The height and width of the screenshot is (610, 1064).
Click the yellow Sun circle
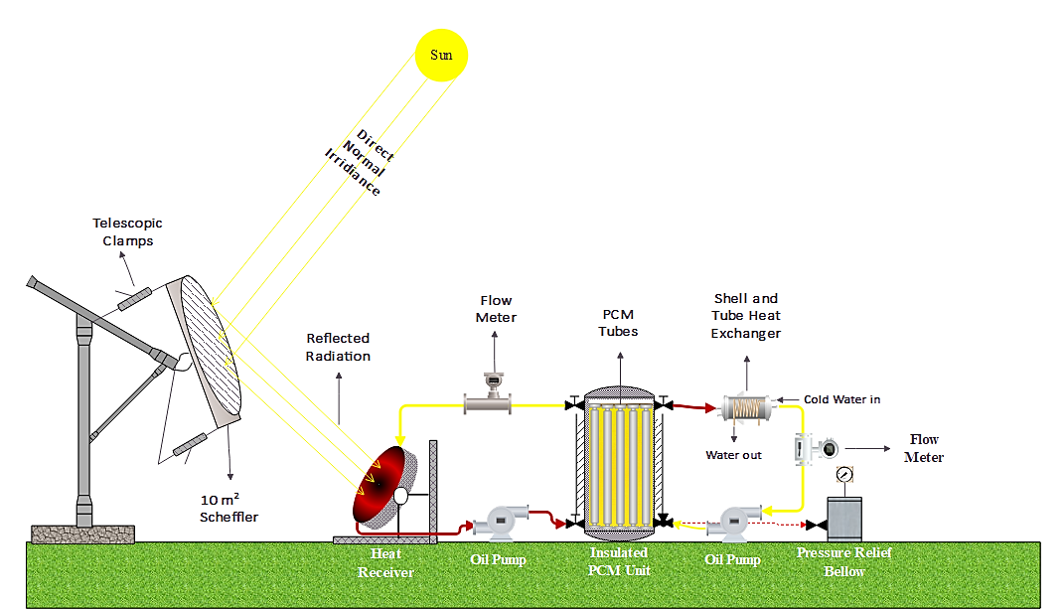(x=441, y=55)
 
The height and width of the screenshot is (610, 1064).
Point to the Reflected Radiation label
(x=338, y=348)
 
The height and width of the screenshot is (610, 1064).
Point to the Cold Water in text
(x=841, y=399)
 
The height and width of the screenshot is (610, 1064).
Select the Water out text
(x=733, y=455)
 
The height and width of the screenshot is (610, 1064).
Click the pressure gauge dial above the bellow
(x=844, y=475)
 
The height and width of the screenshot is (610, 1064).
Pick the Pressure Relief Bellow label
(x=844, y=562)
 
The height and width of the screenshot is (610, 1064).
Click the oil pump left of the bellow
(x=736, y=519)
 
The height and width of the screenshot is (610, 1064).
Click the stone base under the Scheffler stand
(x=82, y=534)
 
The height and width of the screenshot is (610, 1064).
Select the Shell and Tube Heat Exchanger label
(x=745, y=315)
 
